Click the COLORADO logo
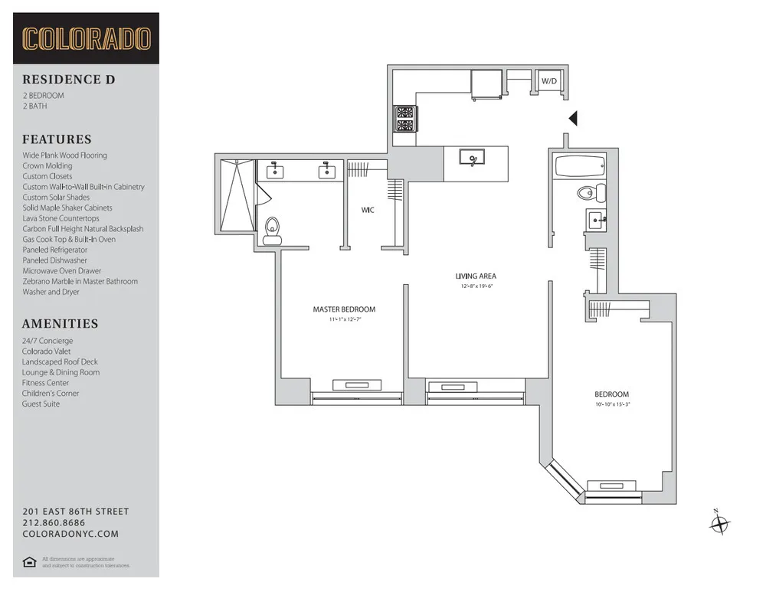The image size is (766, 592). [86, 38]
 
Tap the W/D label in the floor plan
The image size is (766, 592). [548, 80]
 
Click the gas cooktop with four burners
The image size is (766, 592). [405, 119]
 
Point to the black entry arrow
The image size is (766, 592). [572, 118]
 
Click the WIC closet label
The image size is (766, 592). [368, 210]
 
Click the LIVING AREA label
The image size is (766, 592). [476, 276]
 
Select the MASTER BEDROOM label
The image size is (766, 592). [344, 309]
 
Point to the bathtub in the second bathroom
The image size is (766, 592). [578, 165]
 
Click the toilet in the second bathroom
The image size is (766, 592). [591, 191]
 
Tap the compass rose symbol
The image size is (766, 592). [719, 525]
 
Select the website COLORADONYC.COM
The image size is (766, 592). [70, 535]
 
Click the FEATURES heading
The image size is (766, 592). [57, 139]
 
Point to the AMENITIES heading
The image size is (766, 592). [60, 324]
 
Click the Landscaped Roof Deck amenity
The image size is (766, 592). [60, 361]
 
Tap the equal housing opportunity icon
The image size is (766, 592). [29, 563]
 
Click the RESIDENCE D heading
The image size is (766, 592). [68, 79]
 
